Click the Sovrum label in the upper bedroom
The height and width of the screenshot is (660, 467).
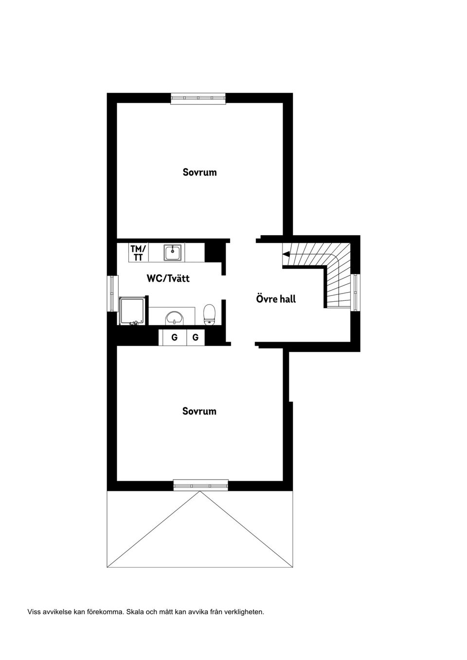point(199,172)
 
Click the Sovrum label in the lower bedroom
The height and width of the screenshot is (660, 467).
point(199,411)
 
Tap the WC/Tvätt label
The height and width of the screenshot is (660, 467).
point(168,278)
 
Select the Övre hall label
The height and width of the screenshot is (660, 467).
point(276,299)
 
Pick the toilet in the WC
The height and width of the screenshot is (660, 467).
point(210,314)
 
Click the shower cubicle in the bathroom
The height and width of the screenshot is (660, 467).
point(132,311)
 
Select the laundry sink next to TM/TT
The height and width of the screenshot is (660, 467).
point(173,252)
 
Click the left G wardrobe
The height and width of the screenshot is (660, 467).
point(174,337)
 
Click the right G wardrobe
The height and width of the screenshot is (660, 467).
point(195,337)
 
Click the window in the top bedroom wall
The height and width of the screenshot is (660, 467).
point(198,98)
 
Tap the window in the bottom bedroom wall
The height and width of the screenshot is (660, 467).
point(200,485)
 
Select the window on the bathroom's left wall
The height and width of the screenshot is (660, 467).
point(112,294)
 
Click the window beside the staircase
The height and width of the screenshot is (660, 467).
point(356,292)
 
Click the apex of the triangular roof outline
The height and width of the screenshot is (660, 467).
point(199,492)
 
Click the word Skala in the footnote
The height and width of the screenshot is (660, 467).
point(135,612)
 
